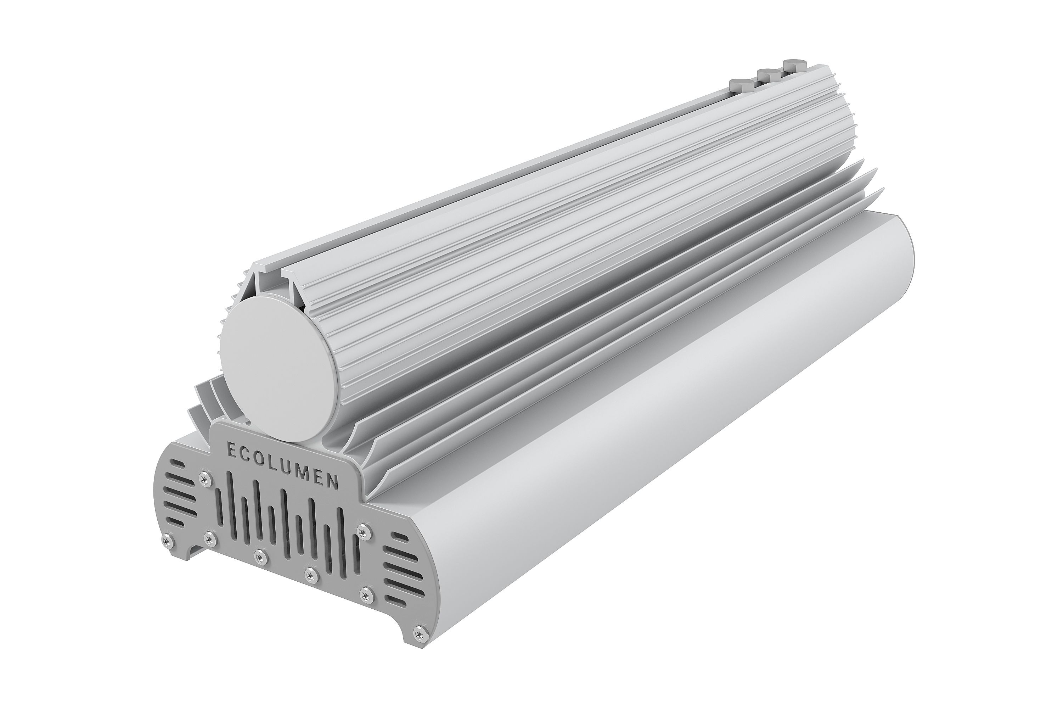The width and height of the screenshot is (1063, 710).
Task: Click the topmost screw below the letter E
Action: (206, 476)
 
